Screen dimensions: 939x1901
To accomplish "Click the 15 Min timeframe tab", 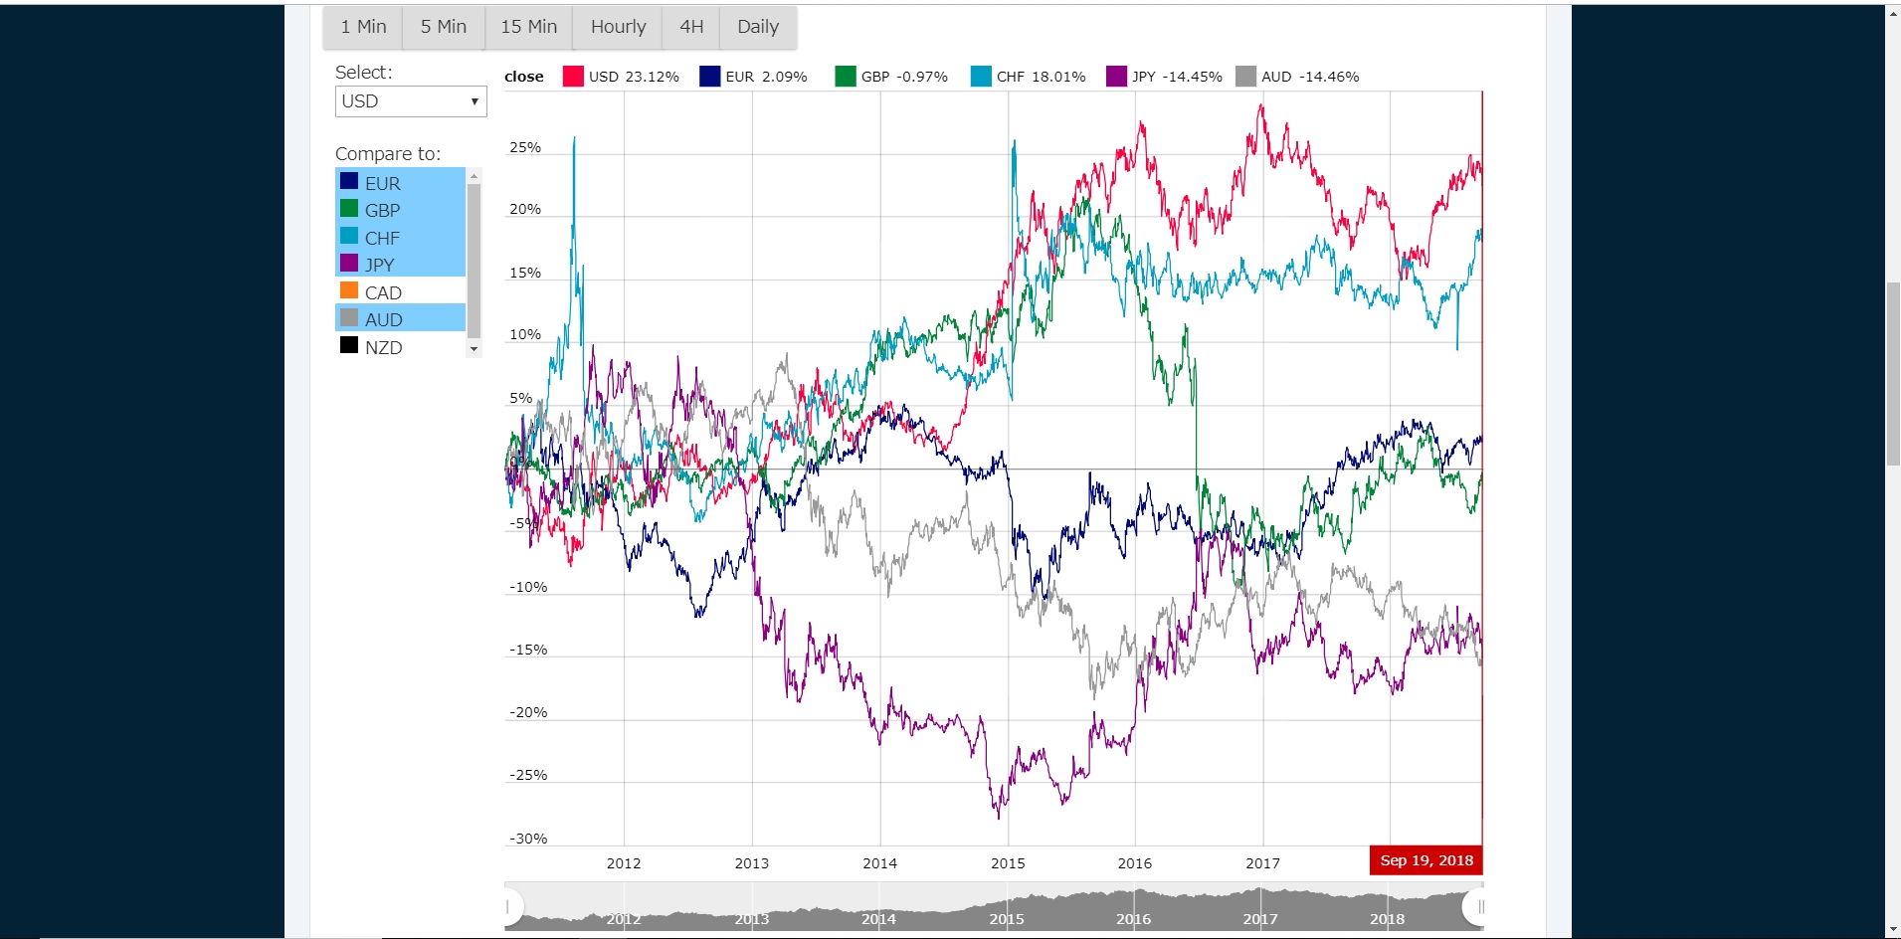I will click(528, 27).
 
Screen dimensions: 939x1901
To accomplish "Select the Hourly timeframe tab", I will click(618, 27).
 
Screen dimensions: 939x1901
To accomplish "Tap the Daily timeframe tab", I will click(757, 27).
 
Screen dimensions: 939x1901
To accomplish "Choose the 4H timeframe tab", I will click(691, 27).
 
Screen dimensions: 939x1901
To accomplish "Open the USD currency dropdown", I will click(411, 101).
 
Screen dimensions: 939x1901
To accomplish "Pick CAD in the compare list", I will click(383, 292).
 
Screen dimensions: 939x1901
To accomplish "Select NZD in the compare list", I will click(383, 347).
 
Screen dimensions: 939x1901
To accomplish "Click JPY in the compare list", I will click(379, 265).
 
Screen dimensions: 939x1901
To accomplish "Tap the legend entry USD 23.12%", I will click(622, 77).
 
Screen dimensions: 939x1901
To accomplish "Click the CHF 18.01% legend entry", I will click(1029, 77).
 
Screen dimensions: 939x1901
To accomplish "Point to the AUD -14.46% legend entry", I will click(1297, 77).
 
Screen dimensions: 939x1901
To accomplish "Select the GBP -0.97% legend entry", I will click(891, 77).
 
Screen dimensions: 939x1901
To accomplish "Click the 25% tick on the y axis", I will click(525, 147).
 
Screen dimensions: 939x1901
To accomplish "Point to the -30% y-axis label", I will click(528, 839).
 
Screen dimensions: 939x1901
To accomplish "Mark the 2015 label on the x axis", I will click(1008, 863).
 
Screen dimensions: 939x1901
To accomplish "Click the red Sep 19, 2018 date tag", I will click(1426, 860).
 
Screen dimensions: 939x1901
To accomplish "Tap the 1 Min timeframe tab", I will click(363, 27).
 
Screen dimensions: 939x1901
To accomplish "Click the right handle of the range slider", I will click(1478, 906).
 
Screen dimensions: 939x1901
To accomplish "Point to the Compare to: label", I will click(388, 153).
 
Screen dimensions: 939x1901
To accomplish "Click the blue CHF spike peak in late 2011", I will click(574, 139).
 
